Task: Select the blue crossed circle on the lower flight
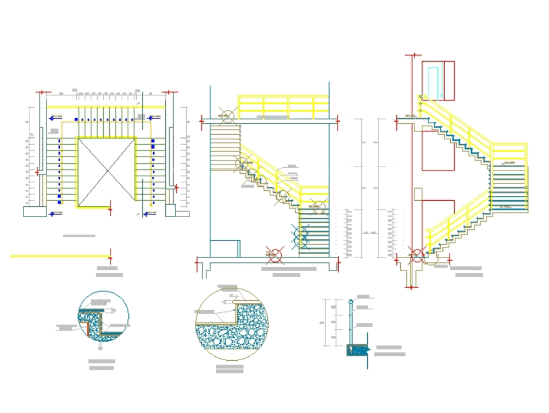click(300, 238)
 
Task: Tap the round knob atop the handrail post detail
click(351, 301)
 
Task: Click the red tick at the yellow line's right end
click(110, 256)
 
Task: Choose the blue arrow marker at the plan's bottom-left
click(52, 213)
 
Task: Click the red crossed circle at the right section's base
click(417, 255)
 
